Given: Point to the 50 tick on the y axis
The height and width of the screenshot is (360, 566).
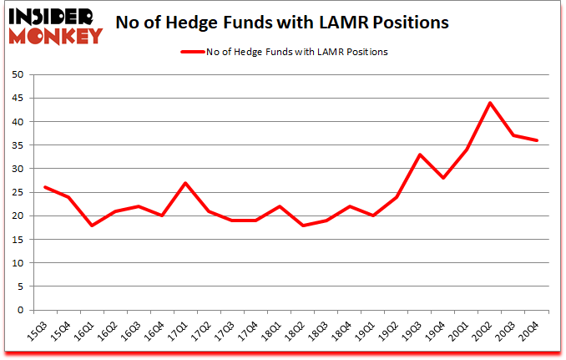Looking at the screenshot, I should [x=17, y=75].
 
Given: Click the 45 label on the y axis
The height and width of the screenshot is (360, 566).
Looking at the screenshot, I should [x=17, y=99].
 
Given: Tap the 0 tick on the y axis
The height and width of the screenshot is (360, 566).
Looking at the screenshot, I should [x=20, y=311].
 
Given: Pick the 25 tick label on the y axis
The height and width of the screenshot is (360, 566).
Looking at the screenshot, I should [x=17, y=193].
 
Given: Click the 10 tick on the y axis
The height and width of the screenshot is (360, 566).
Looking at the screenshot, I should [x=17, y=264].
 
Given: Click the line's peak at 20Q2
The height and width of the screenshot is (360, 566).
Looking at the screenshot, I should [x=490, y=103].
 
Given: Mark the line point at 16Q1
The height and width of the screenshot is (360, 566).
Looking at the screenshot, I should [x=91, y=226].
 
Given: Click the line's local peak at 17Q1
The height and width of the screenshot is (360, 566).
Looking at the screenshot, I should [x=184, y=183].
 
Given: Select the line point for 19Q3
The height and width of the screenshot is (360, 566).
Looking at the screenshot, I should [x=420, y=155].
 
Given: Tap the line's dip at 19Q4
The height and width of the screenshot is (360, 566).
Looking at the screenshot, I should [x=443, y=178].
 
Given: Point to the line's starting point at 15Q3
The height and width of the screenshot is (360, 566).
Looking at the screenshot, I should [x=44, y=187].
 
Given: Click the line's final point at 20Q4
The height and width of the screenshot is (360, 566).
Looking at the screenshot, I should [x=537, y=140].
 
